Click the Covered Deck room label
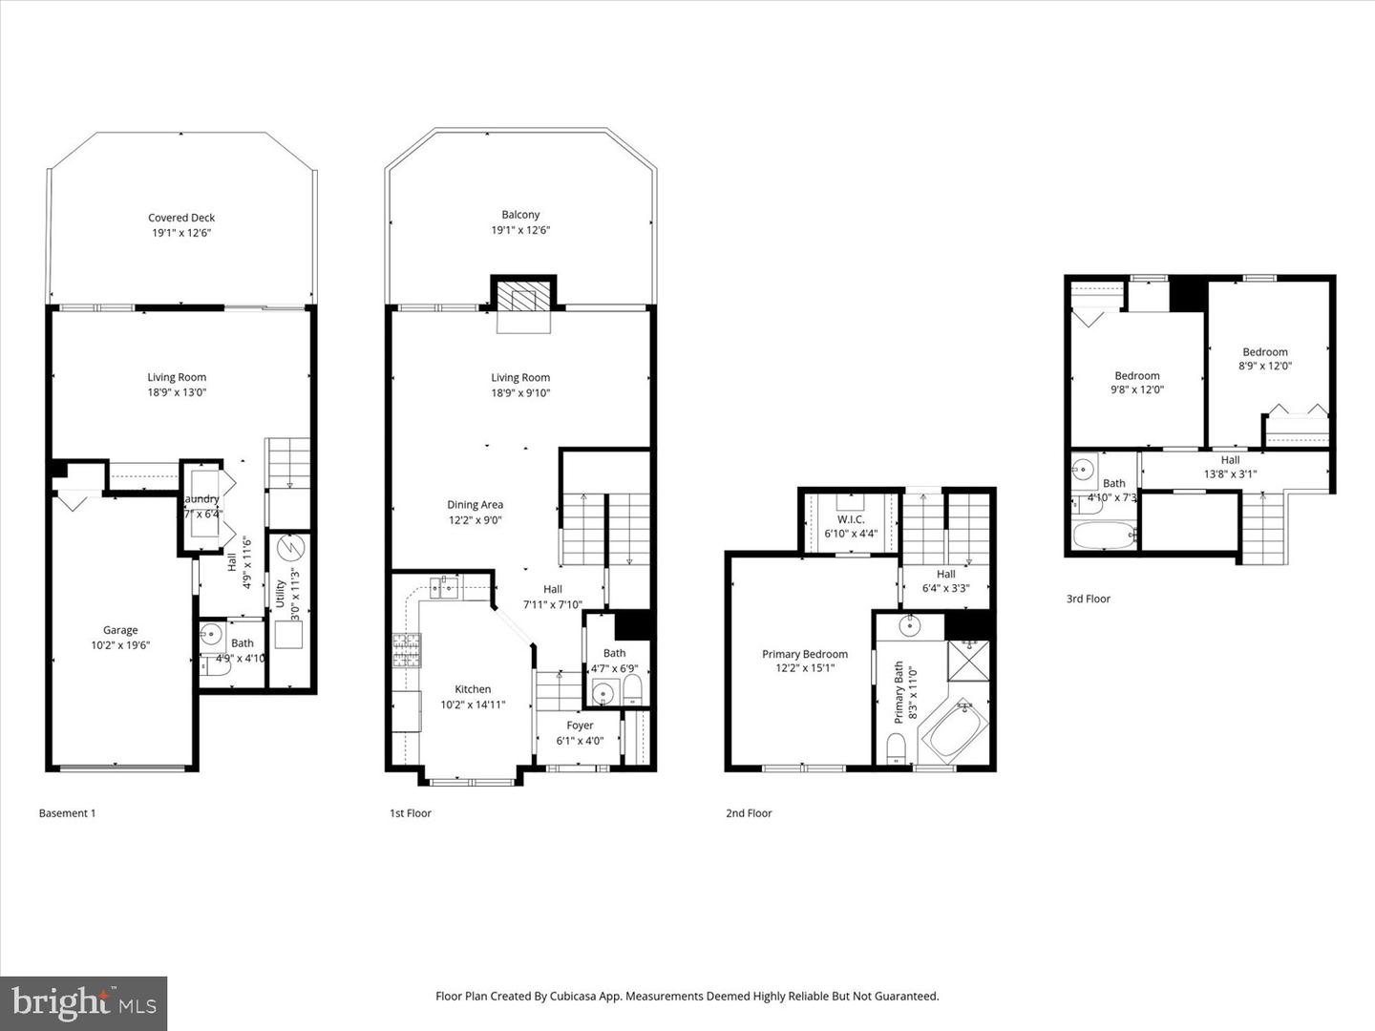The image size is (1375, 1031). [x=181, y=218]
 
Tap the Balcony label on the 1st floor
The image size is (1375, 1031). [x=520, y=215]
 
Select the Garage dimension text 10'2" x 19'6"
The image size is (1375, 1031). [x=120, y=645]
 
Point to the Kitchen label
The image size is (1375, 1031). [x=473, y=689]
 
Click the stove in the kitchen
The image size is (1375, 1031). [x=406, y=650]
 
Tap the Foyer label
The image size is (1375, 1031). [x=580, y=726]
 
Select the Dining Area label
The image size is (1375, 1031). [x=475, y=505]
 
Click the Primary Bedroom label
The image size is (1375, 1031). [x=804, y=654]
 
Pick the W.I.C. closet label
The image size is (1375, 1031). [x=850, y=519]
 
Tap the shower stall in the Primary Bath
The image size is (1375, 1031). [x=968, y=660]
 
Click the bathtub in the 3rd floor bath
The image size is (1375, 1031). [x=1103, y=534]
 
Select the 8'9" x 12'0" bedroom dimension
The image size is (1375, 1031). [x=1265, y=367]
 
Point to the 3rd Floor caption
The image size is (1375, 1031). [x=1088, y=599]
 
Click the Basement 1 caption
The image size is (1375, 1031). [x=67, y=813]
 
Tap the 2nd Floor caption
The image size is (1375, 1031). [x=749, y=813]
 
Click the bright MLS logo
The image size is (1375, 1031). [x=84, y=1003]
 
